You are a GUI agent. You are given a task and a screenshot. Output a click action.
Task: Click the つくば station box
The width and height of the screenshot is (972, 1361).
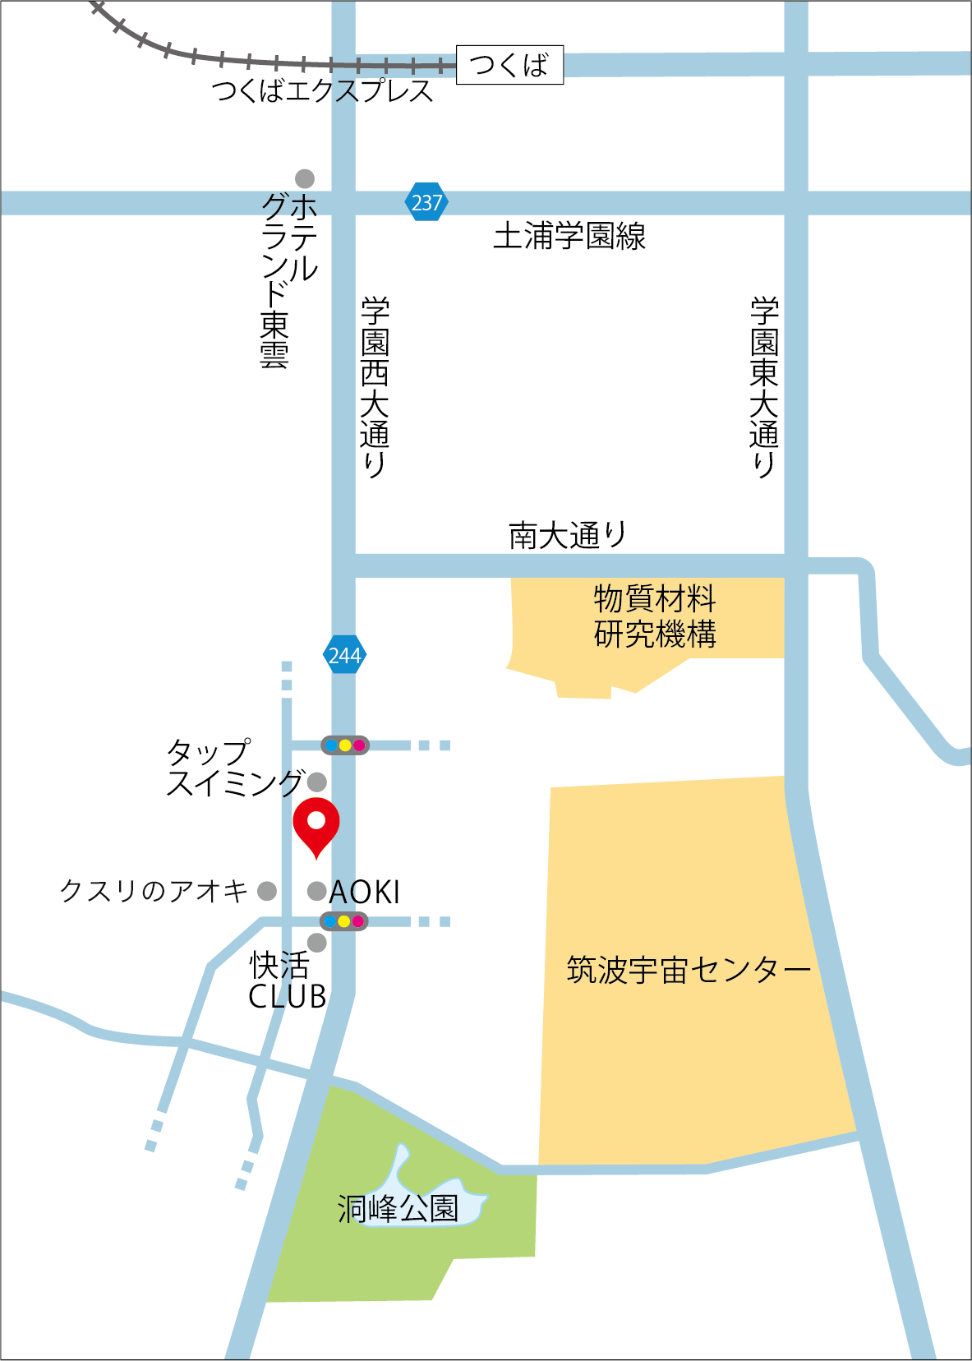pyautogui.click(x=509, y=65)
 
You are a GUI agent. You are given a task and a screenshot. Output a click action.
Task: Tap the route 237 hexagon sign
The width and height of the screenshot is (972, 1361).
pyautogui.click(x=426, y=202)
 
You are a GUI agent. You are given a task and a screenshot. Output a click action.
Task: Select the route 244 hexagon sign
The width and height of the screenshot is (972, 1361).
pyautogui.click(x=344, y=655)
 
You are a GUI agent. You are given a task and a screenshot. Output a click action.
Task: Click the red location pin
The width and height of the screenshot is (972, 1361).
pyautogui.click(x=316, y=824)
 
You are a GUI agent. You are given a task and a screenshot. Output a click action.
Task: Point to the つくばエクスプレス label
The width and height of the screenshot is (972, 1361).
pyautogui.click(x=322, y=90)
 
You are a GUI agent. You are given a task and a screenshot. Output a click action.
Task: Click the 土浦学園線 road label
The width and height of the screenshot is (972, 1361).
pyautogui.click(x=569, y=237)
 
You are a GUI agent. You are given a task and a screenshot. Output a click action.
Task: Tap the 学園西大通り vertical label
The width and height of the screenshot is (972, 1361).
pyautogui.click(x=375, y=386)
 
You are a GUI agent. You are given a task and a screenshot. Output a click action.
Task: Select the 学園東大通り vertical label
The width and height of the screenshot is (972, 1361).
pyautogui.click(x=764, y=386)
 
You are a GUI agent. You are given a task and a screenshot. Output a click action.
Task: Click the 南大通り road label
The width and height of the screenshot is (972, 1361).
pyautogui.click(x=567, y=535)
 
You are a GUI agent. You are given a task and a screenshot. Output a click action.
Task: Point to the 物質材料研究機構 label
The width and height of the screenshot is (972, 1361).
pyautogui.click(x=655, y=616)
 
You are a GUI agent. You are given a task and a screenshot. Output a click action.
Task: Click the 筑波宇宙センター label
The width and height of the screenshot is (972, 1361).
pyautogui.click(x=689, y=970)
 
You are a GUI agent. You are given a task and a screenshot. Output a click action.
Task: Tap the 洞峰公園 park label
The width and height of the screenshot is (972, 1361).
pyautogui.click(x=398, y=1208)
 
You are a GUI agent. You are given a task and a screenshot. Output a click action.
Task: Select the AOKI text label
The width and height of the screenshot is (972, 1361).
pyautogui.click(x=365, y=892)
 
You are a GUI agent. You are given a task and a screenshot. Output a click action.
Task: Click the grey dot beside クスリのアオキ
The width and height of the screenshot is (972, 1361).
pyautogui.click(x=267, y=891)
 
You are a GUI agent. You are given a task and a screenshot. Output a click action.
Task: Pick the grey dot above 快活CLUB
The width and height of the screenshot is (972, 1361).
pyautogui.click(x=316, y=943)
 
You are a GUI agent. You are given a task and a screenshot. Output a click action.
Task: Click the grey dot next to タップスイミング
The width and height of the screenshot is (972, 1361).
pyautogui.click(x=316, y=782)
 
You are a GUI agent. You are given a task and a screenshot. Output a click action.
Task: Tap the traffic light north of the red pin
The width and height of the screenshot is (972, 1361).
pyautogui.click(x=344, y=745)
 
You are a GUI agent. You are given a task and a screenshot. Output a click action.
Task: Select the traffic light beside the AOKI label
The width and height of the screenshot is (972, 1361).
pyautogui.click(x=343, y=921)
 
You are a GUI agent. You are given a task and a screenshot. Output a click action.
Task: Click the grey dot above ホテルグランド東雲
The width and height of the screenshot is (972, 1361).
pyautogui.click(x=305, y=178)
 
